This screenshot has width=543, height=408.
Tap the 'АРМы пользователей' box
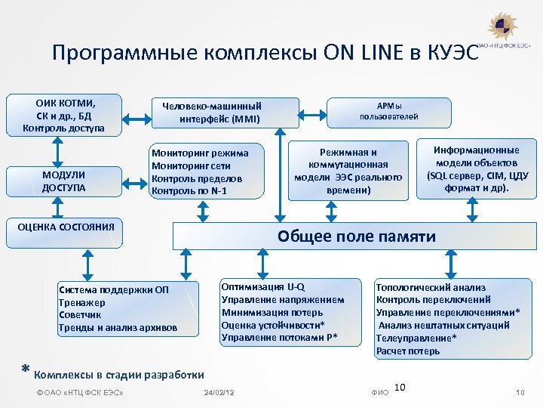[x=388, y=111]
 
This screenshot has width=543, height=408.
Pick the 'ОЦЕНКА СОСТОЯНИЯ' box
[x=66, y=226]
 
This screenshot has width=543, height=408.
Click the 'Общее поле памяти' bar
[x=356, y=236]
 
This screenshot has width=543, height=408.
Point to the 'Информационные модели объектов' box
[x=477, y=168]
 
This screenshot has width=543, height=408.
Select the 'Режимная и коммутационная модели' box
[x=348, y=171]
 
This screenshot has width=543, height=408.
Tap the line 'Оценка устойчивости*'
[x=272, y=325]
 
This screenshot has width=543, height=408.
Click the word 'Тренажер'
[x=81, y=303]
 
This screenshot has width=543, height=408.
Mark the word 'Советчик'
[x=81, y=315]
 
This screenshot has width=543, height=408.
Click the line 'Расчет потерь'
[x=408, y=351]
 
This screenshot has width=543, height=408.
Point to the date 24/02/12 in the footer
[x=219, y=392]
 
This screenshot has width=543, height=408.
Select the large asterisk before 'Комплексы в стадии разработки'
[x=25, y=370]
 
